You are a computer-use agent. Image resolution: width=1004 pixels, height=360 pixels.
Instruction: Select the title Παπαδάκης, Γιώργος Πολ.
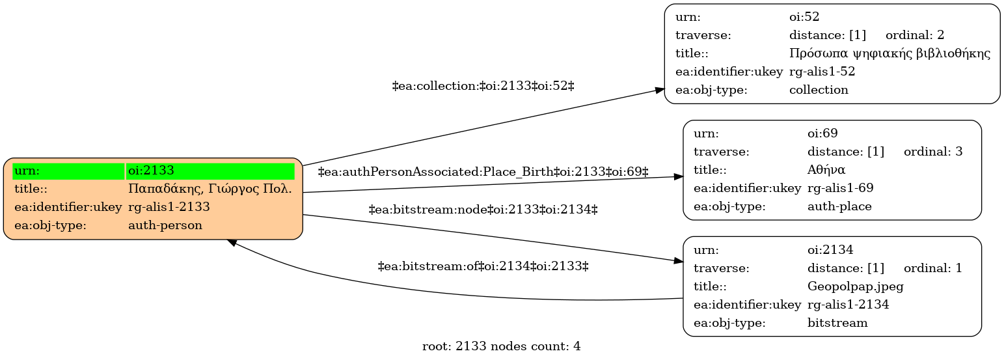[x=210, y=189]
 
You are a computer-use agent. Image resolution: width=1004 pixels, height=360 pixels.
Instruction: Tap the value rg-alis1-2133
[x=169, y=206]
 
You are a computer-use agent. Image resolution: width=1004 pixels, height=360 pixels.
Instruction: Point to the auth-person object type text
[x=165, y=225]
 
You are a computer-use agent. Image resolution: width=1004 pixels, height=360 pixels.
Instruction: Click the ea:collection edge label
[x=483, y=86]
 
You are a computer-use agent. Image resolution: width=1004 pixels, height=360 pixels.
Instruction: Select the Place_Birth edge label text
[x=483, y=172]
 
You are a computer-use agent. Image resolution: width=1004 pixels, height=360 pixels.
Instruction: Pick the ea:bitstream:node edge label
[x=483, y=210]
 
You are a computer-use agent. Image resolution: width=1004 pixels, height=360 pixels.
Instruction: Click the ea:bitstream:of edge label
[x=483, y=266]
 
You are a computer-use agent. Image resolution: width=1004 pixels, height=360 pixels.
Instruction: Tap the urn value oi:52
[x=804, y=16]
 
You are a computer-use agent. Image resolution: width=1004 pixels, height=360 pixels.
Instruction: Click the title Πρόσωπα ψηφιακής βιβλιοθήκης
[x=889, y=53]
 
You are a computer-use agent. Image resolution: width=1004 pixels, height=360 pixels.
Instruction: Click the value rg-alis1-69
[x=841, y=188]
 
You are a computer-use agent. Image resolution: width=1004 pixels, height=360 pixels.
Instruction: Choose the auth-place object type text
[x=839, y=206]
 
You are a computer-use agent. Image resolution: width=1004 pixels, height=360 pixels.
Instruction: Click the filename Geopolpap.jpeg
[x=855, y=286]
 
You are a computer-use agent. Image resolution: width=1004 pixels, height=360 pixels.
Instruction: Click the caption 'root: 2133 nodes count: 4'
[x=501, y=346]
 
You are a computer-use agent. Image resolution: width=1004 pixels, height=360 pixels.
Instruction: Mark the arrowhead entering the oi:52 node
[x=659, y=90]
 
